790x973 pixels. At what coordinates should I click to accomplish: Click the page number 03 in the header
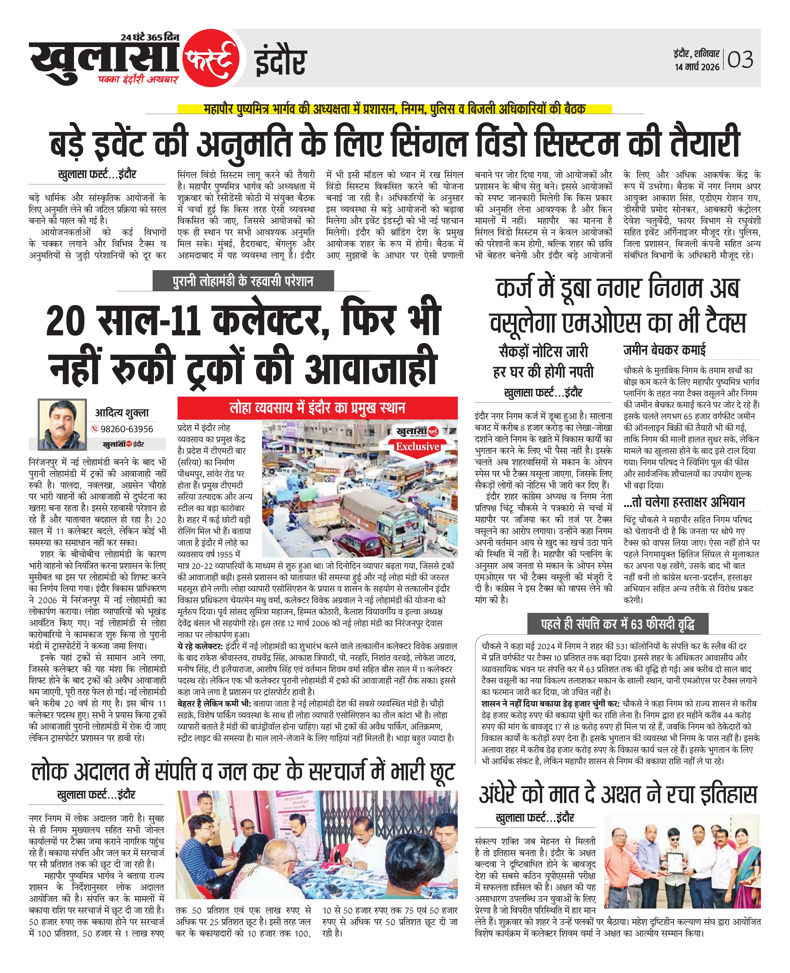pyautogui.click(x=741, y=60)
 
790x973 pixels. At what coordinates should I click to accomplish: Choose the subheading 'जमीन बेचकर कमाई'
pyautogui.click(x=664, y=350)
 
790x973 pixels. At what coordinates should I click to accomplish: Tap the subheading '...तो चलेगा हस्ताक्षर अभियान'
pyautogui.click(x=684, y=502)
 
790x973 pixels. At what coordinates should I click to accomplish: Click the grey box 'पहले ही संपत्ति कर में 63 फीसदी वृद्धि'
pyautogui.click(x=618, y=624)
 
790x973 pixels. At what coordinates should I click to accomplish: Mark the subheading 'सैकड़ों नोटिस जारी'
pyautogui.click(x=544, y=351)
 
